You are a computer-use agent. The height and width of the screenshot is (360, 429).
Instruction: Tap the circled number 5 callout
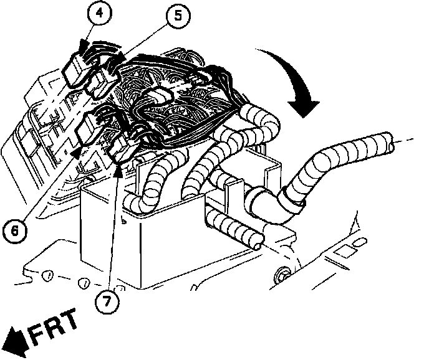(x=178, y=16)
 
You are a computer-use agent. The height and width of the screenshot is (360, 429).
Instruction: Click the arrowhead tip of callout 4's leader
(x=83, y=45)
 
